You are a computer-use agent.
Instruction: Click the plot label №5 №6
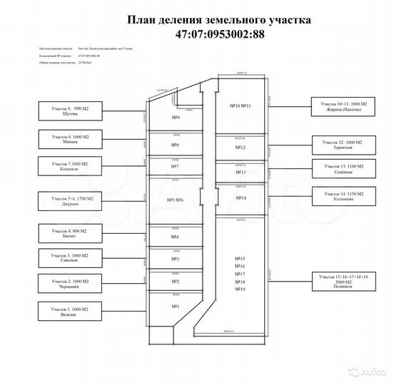pos(175,200)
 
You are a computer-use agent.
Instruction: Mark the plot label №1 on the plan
pos(175,307)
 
